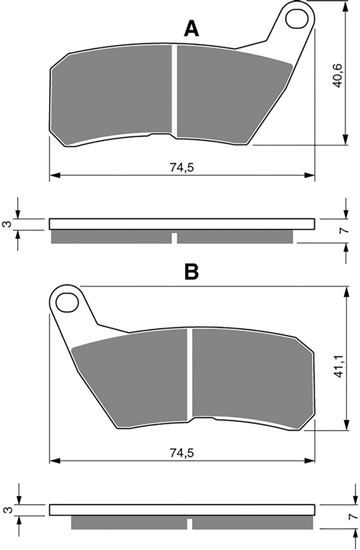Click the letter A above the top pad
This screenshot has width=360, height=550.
191,29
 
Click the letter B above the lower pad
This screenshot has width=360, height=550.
192,271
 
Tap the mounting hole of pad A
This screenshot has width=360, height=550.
296,19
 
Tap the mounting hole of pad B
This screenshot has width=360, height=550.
67,303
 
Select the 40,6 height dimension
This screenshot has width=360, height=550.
338,76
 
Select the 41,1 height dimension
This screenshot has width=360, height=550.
339,367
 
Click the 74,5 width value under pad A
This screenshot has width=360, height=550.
182,168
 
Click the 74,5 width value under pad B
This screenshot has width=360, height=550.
182,453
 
